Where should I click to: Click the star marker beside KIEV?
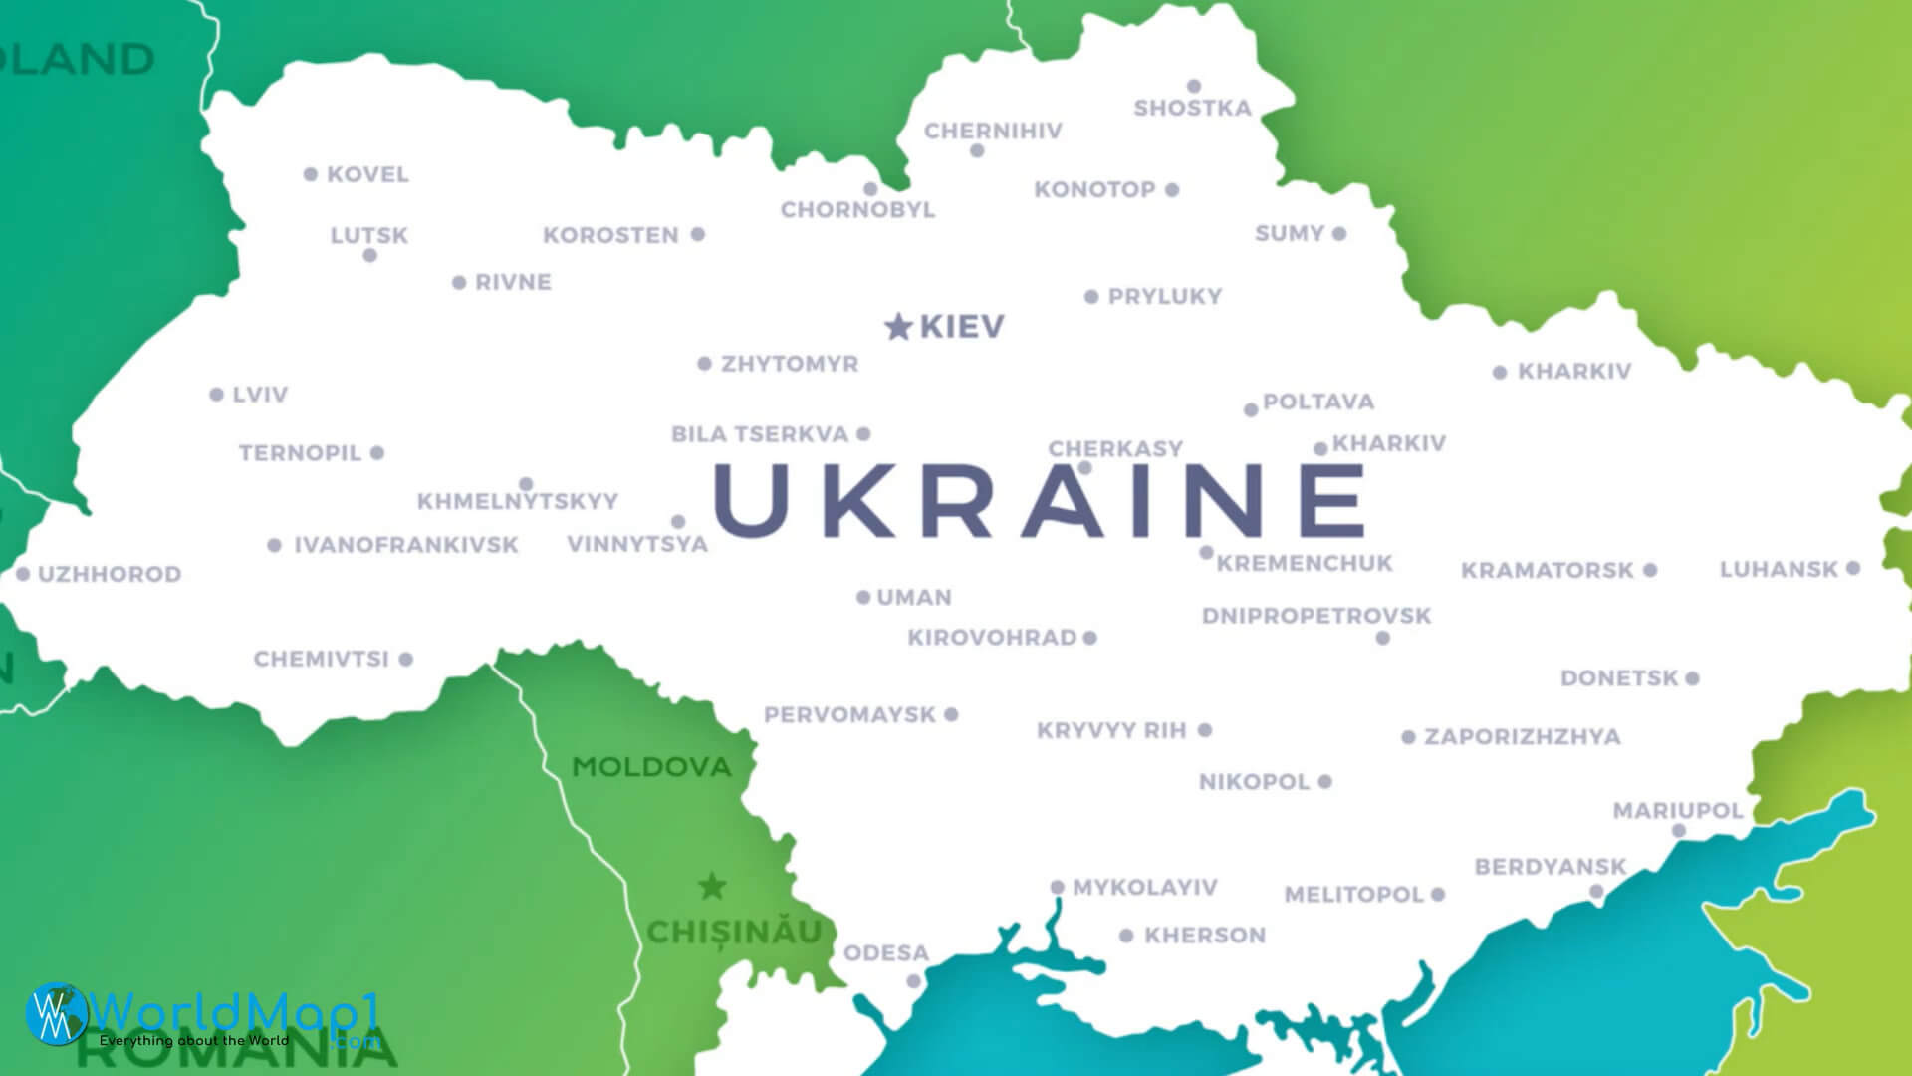point(898,326)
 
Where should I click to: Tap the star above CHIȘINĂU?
point(712,886)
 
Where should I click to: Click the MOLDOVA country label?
point(651,767)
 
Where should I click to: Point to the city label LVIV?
point(260,395)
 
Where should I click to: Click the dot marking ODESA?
point(913,981)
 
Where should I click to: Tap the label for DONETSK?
point(1619,678)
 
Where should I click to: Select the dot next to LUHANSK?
point(1852,568)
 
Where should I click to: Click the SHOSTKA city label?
point(1192,108)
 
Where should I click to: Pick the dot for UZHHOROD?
point(23,574)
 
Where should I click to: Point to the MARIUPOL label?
point(1678,811)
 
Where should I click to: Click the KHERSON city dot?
point(1126,936)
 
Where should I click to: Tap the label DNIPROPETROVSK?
point(1315,616)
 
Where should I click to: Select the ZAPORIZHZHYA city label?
point(1522,737)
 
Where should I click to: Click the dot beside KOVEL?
point(311,174)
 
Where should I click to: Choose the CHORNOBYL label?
point(857,210)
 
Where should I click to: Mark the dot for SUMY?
point(1339,234)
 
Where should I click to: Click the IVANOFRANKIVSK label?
point(405,546)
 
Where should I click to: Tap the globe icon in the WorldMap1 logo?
point(56,1014)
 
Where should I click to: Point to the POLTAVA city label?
point(1318,403)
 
